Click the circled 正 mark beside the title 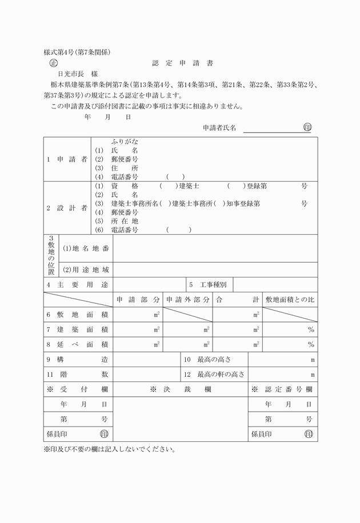coord(54,63)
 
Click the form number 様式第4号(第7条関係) coord(77,52)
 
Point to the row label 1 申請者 coord(67,159)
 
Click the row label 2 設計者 coord(67,208)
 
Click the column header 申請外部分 coord(187,299)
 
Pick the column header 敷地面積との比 coord(290,299)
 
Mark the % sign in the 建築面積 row coord(311,329)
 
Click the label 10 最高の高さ coord(214,359)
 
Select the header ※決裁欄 coord(181,389)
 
